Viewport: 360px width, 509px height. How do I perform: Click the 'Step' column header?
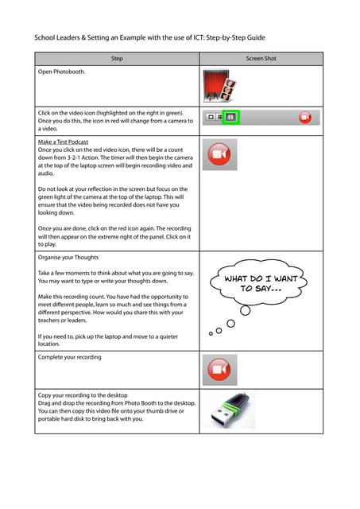[x=117, y=58]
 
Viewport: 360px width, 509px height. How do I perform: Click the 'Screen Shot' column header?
[x=261, y=58]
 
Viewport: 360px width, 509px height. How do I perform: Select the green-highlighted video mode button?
[x=230, y=117]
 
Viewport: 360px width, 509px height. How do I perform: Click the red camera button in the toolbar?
[x=305, y=117]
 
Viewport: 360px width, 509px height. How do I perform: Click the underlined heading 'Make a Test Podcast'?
[x=63, y=142]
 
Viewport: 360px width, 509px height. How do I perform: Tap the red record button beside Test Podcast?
[x=219, y=154]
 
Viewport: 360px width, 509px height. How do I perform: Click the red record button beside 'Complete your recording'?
[x=219, y=369]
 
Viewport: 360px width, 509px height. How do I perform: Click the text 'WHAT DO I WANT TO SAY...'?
[x=261, y=283]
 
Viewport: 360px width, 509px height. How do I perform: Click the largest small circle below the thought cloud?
[x=246, y=311]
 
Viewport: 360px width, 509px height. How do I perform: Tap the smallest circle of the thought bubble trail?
[x=211, y=333]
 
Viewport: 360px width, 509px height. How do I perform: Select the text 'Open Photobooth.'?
[x=62, y=72]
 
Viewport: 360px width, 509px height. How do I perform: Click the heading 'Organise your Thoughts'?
[x=68, y=258]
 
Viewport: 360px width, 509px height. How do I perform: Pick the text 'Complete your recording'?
[x=69, y=357]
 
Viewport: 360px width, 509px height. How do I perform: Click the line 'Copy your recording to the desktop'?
[x=83, y=395]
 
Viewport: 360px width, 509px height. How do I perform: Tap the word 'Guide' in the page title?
[x=256, y=37]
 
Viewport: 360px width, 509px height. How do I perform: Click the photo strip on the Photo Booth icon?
[x=228, y=90]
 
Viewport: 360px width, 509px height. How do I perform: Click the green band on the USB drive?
[x=231, y=411]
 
